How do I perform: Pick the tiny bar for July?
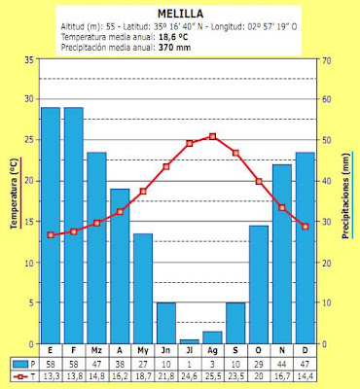[x=190, y=340]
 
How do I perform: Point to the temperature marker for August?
[x=213, y=136]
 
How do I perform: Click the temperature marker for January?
[x=51, y=235]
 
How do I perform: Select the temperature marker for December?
[x=306, y=227]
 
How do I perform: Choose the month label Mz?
[x=96, y=351]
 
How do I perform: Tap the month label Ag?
[x=213, y=351]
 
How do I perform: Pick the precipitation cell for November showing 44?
[x=282, y=362]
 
